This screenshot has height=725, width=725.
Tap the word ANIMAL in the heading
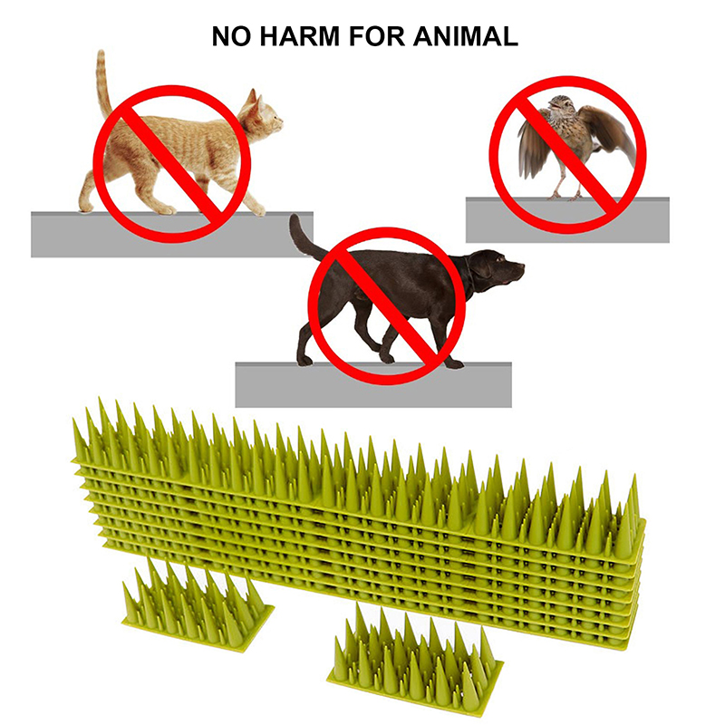point(465,36)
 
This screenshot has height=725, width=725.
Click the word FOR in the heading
point(376,36)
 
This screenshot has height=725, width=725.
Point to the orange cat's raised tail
point(102,83)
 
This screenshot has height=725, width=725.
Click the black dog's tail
point(306,238)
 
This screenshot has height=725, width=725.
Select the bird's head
point(560,104)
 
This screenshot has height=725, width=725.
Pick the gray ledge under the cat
point(172,235)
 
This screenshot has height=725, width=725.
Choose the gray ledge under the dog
point(373,384)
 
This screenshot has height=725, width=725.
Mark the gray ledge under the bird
point(567,220)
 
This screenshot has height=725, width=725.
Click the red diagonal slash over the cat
point(172,164)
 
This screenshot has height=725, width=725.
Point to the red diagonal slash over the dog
point(387,306)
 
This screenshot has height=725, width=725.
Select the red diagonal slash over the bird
point(567,154)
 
